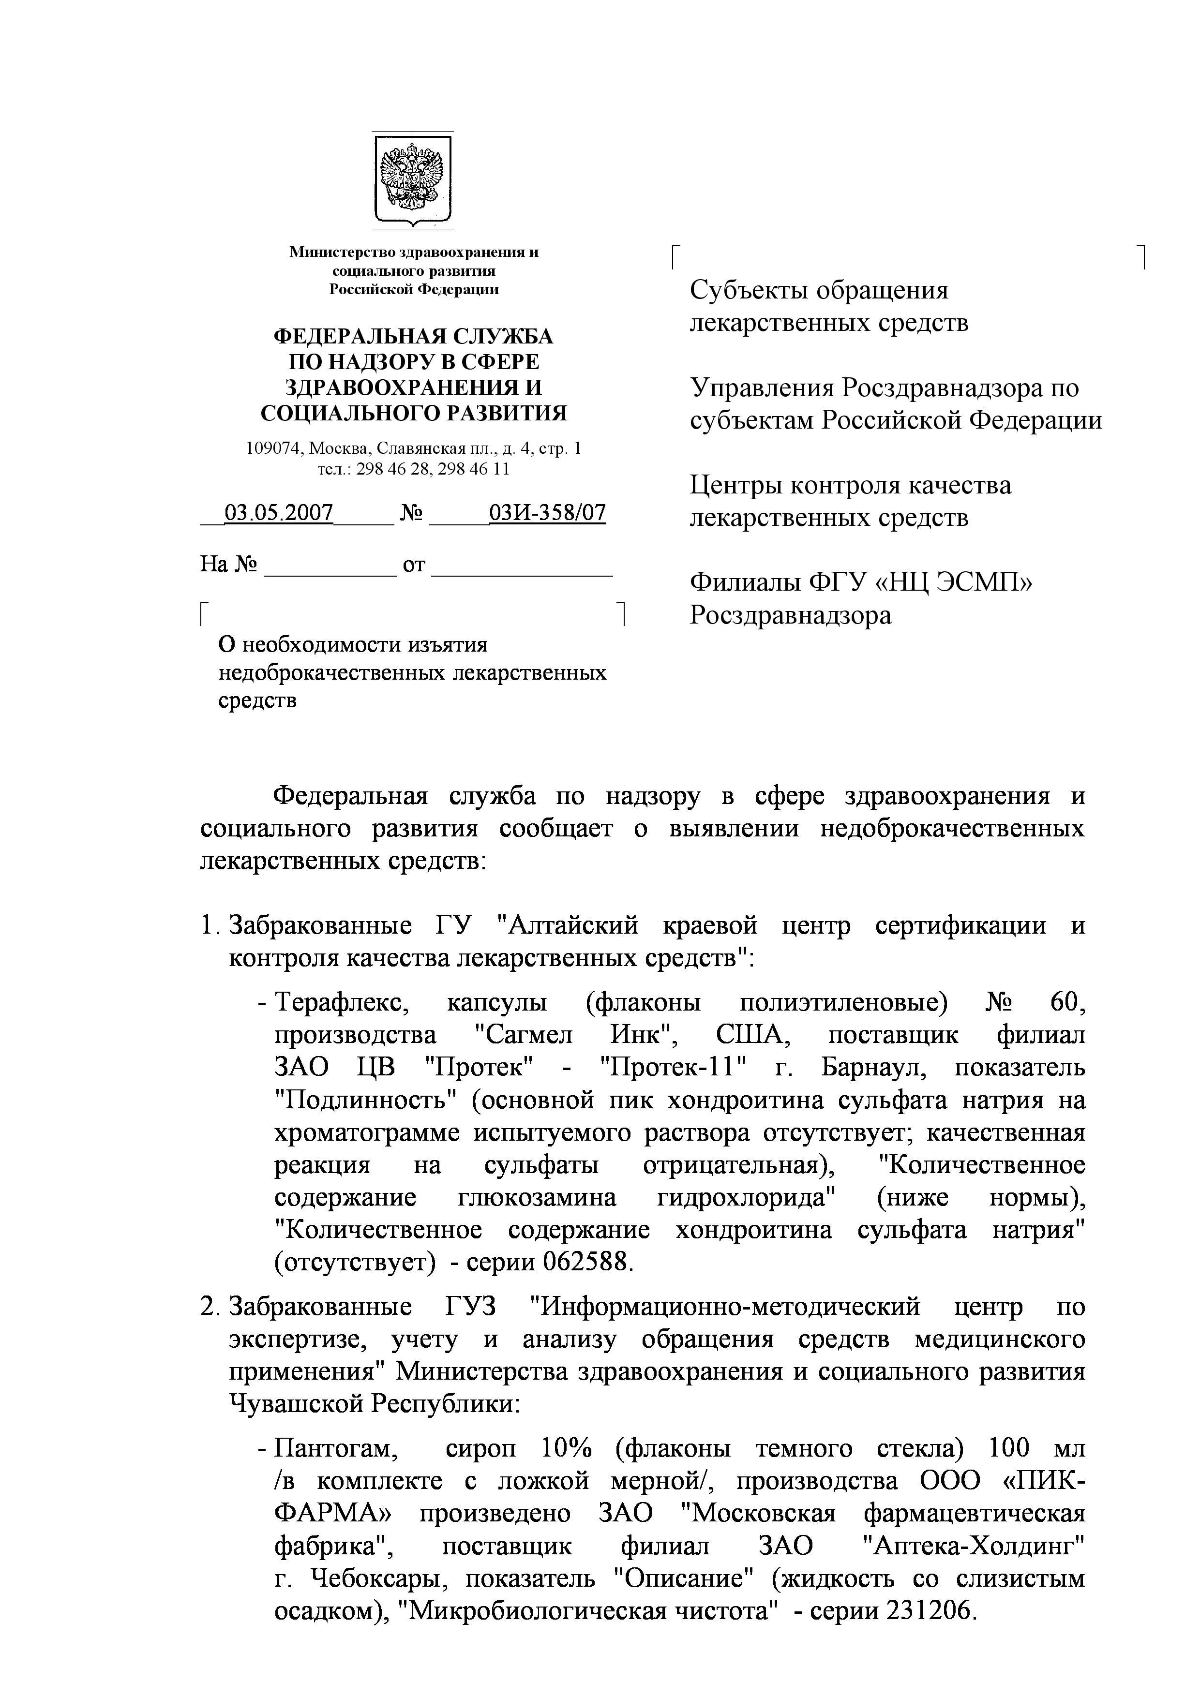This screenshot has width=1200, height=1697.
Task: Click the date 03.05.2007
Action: (278, 513)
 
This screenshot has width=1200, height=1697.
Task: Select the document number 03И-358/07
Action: (547, 513)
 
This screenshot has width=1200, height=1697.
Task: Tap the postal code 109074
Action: (274, 448)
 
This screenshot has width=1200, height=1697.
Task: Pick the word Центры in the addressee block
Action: (735, 486)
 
